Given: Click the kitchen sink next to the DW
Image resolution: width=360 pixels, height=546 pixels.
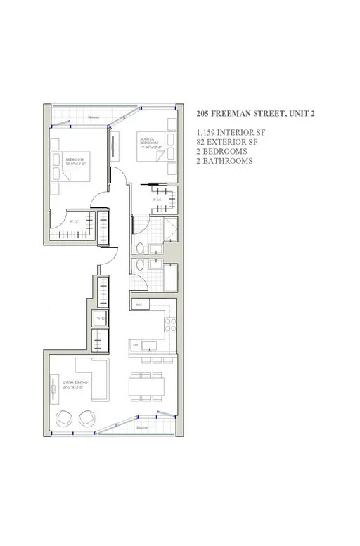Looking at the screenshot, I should (x=148, y=345).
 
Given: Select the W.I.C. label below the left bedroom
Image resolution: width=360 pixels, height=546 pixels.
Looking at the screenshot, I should (x=75, y=222).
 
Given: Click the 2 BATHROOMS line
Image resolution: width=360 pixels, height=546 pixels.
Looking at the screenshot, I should (x=225, y=161).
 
